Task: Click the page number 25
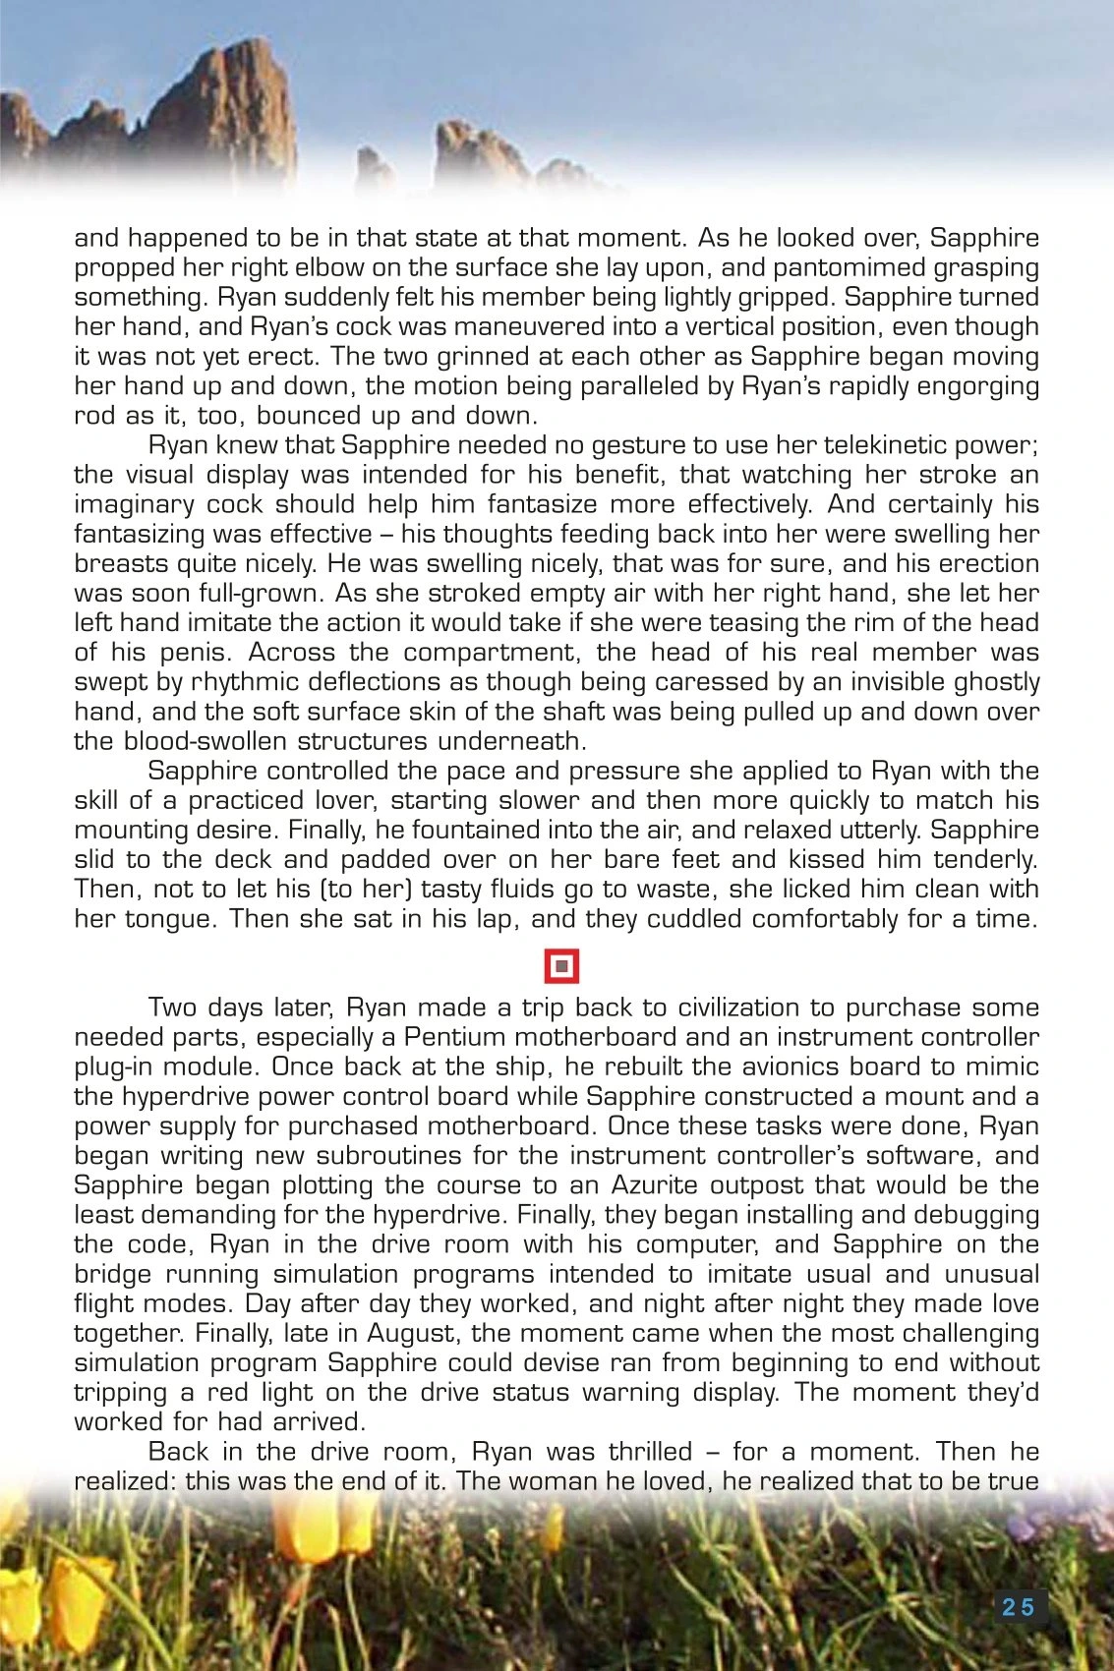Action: pos(1019,1607)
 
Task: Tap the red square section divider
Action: pos(561,966)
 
